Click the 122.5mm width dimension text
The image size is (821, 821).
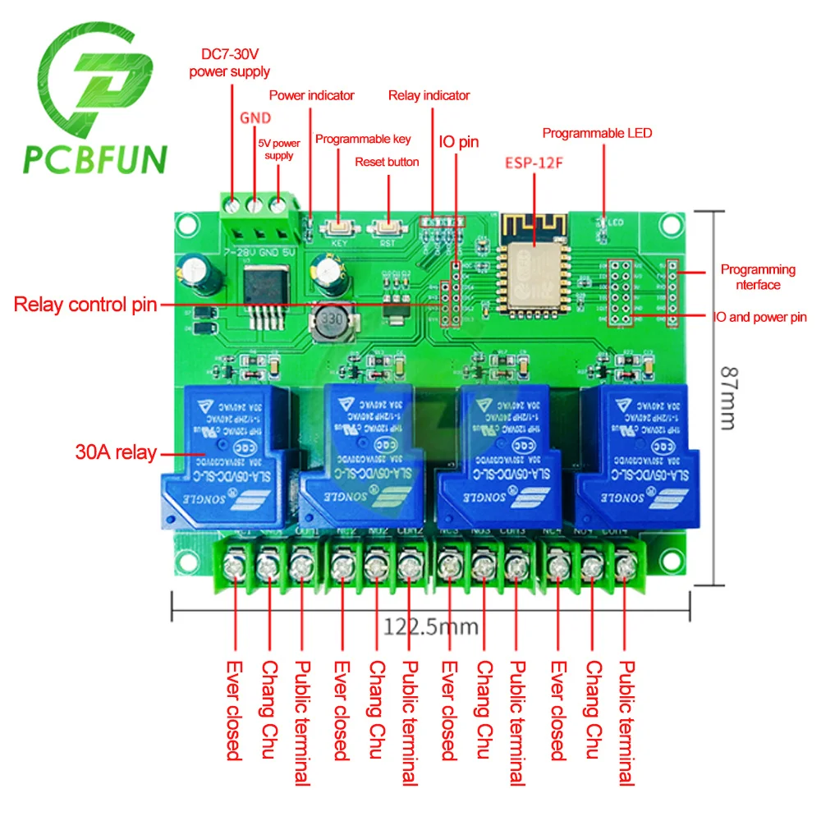(430, 626)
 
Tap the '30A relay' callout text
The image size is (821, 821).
(115, 452)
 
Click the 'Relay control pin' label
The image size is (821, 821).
(85, 305)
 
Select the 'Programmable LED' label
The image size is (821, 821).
(597, 133)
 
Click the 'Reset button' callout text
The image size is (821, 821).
(387, 162)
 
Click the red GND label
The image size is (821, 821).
(255, 118)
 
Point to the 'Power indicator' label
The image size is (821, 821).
(312, 95)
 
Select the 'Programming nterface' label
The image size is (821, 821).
(758, 277)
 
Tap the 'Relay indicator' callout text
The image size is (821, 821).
(429, 95)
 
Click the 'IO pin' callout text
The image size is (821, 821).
(459, 142)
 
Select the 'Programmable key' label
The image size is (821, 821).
(363, 139)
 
